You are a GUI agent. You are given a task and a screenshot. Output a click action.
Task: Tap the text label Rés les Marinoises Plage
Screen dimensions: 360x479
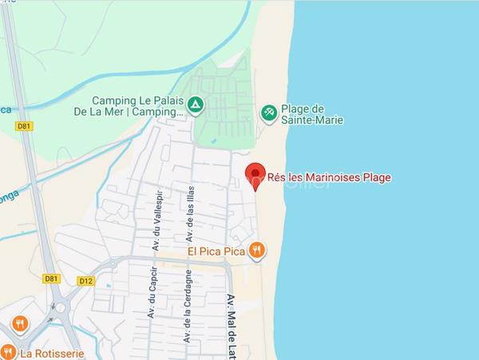[x=329, y=177]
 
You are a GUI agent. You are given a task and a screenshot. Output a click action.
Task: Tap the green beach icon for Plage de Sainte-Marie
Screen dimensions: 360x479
[x=270, y=113]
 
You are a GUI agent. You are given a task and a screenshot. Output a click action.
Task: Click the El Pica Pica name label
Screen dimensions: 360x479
[x=216, y=250]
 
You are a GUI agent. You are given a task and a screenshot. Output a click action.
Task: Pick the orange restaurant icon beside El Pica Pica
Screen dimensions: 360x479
[x=255, y=250]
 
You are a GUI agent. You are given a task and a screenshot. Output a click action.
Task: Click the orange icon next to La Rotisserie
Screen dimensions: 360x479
[x=7, y=351]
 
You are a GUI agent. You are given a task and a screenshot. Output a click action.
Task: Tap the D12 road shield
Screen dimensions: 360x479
[x=86, y=280]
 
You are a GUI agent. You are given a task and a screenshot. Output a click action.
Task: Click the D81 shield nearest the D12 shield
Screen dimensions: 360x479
[x=51, y=279]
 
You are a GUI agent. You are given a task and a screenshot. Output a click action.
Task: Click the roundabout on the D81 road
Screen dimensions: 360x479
[x=58, y=307]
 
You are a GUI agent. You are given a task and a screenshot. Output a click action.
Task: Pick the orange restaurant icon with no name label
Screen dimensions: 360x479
[x=20, y=324]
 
